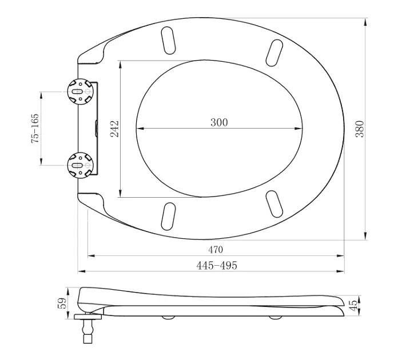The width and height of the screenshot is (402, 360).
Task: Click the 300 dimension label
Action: point(219,122)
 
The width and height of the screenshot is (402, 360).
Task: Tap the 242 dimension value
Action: point(114,129)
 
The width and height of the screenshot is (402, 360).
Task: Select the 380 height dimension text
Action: point(360,129)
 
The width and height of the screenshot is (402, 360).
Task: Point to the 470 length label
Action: point(216,249)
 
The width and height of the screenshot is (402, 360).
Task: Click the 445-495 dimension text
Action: point(217,266)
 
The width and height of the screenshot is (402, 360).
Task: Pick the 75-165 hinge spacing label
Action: point(35,129)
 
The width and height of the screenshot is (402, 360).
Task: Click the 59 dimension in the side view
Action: point(62,303)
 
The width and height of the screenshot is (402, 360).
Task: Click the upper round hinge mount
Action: point(80,91)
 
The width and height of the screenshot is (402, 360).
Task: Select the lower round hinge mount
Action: point(80,165)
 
